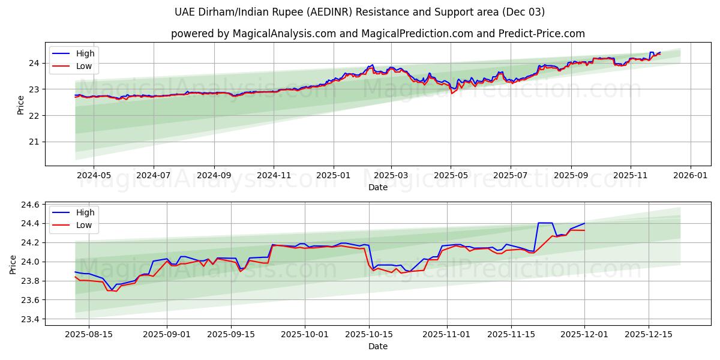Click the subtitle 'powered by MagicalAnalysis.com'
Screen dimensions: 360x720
(377, 34)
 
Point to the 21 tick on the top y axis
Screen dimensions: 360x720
(34, 142)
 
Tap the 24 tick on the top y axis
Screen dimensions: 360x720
(34, 63)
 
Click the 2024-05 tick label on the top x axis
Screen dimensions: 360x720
(94, 176)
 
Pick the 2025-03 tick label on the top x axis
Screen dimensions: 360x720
(391, 176)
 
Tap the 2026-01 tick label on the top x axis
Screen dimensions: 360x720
(690, 176)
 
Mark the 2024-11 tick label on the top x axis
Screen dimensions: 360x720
(274, 176)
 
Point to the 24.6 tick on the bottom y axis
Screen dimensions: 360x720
(30, 205)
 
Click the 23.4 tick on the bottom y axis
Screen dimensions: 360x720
(30, 319)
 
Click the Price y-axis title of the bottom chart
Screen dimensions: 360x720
(13, 264)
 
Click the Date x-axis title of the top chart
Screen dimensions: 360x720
(377, 187)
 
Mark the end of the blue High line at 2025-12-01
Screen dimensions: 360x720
(584, 223)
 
